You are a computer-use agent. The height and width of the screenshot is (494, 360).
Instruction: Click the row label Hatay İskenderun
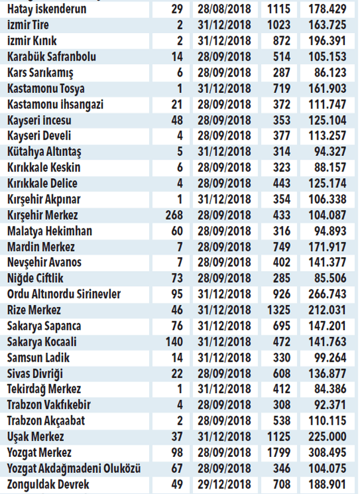click(x=47, y=10)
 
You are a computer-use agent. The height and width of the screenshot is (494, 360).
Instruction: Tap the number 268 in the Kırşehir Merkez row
click(x=176, y=215)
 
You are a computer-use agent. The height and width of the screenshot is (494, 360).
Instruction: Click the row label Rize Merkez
click(x=34, y=310)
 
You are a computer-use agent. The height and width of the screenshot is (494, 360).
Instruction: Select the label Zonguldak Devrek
click(x=48, y=484)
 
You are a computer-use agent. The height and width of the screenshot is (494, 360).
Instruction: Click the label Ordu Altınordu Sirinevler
click(x=64, y=294)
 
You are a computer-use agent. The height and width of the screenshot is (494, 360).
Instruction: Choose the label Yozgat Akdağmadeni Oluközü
click(x=74, y=469)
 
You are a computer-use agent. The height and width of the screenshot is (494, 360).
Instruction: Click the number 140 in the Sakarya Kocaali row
click(x=176, y=342)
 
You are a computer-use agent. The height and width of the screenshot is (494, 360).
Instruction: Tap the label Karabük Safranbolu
click(x=52, y=57)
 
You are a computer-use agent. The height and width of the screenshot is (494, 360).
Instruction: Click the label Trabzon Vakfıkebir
click(x=49, y=405)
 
